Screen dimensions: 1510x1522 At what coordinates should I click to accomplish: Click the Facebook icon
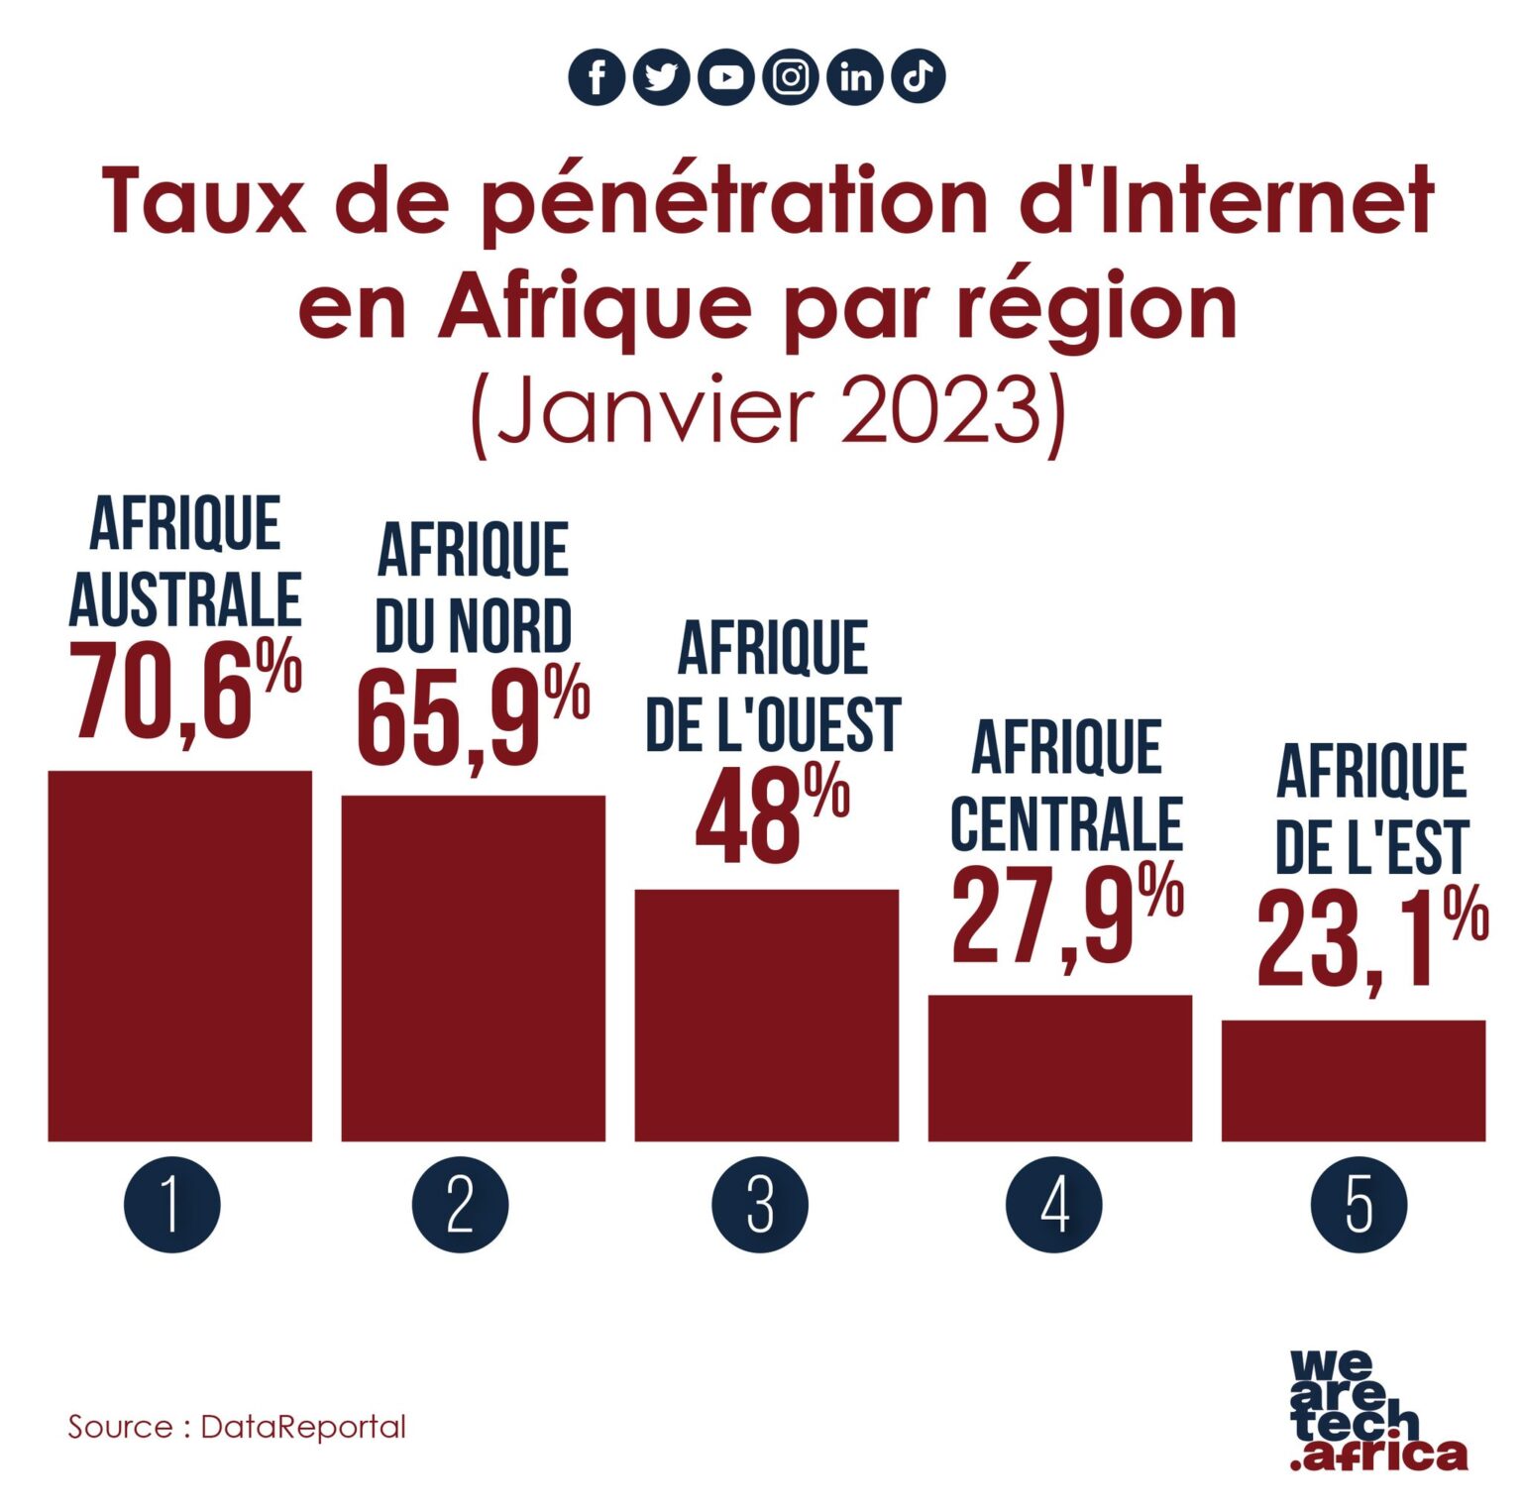(x=597, y=77)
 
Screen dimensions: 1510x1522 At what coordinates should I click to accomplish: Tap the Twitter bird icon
(x=661, y=77)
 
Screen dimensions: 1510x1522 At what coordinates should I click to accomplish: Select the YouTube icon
(x=725, y=77)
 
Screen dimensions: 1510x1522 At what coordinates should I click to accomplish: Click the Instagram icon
(x=791, y=77)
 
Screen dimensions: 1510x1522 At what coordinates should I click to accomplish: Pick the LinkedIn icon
(x=855, y=77)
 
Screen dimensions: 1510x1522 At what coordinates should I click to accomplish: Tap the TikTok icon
(x=919, y=76)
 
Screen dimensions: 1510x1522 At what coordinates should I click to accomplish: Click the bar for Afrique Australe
(x=180, y=955)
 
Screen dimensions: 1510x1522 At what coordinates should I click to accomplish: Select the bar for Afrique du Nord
(x=474, y=967)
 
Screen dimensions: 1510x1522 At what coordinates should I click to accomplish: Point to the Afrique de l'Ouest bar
(x=767, y=1015)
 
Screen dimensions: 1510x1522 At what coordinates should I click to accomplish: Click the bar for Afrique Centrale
(x=1060, y=1067)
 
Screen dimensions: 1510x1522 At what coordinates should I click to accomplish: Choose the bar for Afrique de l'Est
(x=1354, y=1080)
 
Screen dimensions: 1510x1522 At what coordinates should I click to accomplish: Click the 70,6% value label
(x=184, y=690)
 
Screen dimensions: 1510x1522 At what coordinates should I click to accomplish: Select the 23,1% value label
(x=1371, y=937)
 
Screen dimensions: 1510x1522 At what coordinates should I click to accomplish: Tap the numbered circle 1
(x=172, y=1205)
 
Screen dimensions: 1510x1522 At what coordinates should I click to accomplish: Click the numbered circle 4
(x=1053, y=1205)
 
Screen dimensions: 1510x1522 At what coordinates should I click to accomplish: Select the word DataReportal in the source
(x=303, y=1427)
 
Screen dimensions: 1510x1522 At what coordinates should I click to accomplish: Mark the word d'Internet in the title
(x=1227, y=201)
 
